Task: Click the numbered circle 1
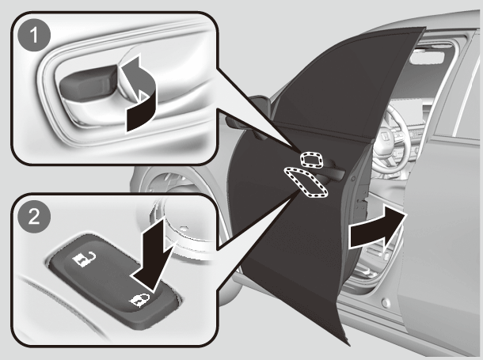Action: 34,35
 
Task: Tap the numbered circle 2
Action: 34,217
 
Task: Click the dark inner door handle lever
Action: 88,82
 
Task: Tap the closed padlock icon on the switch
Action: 140,300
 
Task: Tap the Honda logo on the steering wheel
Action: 385,137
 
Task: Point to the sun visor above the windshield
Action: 427,58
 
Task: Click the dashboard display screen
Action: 412,112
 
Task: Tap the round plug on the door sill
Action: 386,303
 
